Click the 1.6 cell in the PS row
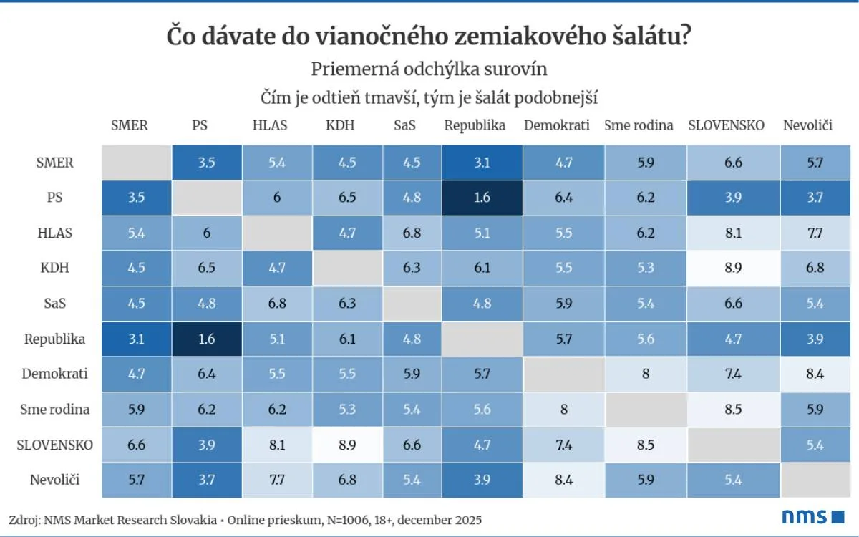[482, 198]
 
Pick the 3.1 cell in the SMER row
[482, 163]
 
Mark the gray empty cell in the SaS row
[411, 304]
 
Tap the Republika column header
[475, 125]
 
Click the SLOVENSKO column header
[726, 125]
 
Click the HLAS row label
[55, 233]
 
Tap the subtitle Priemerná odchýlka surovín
[429, 69]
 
